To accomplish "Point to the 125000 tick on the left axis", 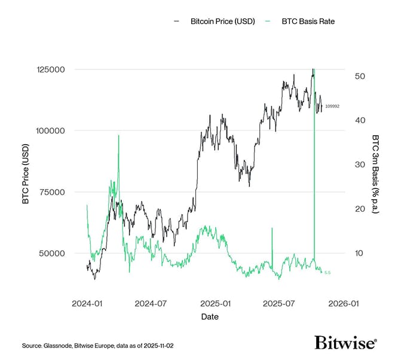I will tap(52, 69).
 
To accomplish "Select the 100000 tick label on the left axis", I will tap(52, 130).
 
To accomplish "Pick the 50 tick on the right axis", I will tap(360, 76).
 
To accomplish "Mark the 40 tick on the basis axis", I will tap(360, 120).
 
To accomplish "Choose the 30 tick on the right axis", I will tap(360, 164).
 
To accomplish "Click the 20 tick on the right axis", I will tap(360, 209).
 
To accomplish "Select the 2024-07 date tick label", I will tap(150, 303).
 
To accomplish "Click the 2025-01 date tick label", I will tap(215, 303).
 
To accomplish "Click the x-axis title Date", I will tap(210, 317).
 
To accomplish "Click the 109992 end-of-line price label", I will tap(332, 106).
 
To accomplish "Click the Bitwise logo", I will tap(345, 343).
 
